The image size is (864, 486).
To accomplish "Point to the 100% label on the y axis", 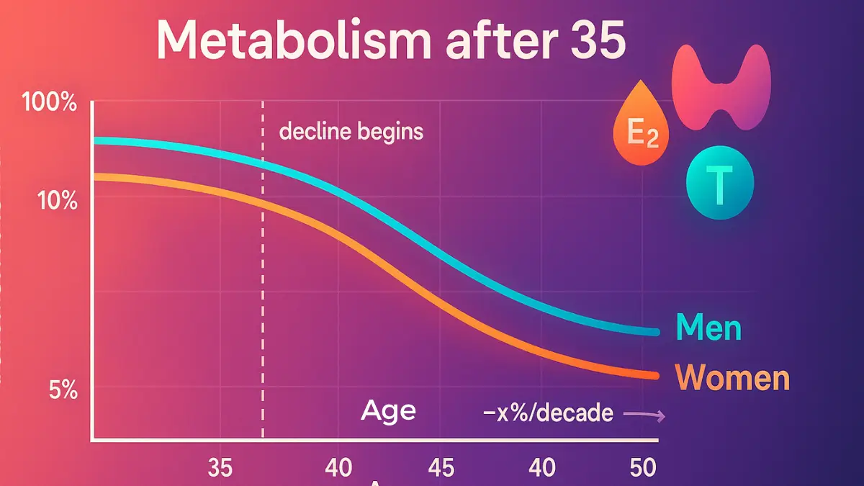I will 50,102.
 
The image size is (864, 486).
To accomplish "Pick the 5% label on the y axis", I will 63,391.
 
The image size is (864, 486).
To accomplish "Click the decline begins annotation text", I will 351,132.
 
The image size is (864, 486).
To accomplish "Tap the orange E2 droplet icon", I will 640,132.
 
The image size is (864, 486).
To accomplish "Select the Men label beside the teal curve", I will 708,328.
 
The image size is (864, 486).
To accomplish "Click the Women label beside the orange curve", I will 733,377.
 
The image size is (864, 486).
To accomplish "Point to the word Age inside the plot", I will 388,411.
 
